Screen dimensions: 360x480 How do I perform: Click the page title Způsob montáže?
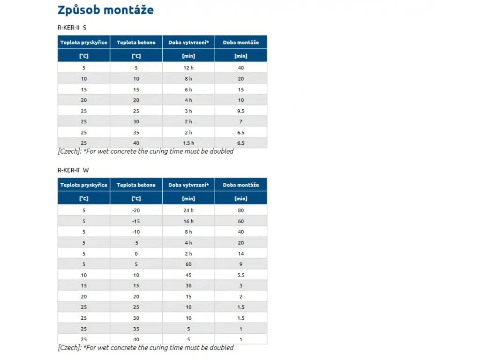(105, 10)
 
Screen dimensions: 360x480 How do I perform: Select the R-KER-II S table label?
(72, 28)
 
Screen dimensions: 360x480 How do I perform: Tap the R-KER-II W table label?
(72, 170)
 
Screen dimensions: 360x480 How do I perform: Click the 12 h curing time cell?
(188, 68)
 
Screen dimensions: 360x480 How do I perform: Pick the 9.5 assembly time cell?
(241, 111)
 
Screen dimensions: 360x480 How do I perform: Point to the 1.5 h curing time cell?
(188, 143)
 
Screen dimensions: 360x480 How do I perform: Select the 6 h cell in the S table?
(188, 90)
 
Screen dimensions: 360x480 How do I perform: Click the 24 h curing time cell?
(188, 210)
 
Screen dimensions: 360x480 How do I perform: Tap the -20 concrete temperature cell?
(136, 210)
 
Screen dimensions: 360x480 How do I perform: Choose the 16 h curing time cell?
(188, 221)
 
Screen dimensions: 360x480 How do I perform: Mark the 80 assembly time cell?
(241, 210)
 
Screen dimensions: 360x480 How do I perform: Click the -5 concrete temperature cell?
(136, 243)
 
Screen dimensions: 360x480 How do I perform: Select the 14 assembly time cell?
(241, 254)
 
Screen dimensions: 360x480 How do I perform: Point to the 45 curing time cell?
(188, 275)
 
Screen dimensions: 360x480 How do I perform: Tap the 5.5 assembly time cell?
(241, 275)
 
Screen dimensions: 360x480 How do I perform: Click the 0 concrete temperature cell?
(136, 254)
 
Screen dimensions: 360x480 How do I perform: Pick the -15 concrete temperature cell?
(136, 221)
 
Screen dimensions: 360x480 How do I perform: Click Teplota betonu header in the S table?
(136, 42)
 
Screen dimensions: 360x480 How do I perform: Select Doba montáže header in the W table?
(241, 185)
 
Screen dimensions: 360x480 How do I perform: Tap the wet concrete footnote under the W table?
(145, 348)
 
